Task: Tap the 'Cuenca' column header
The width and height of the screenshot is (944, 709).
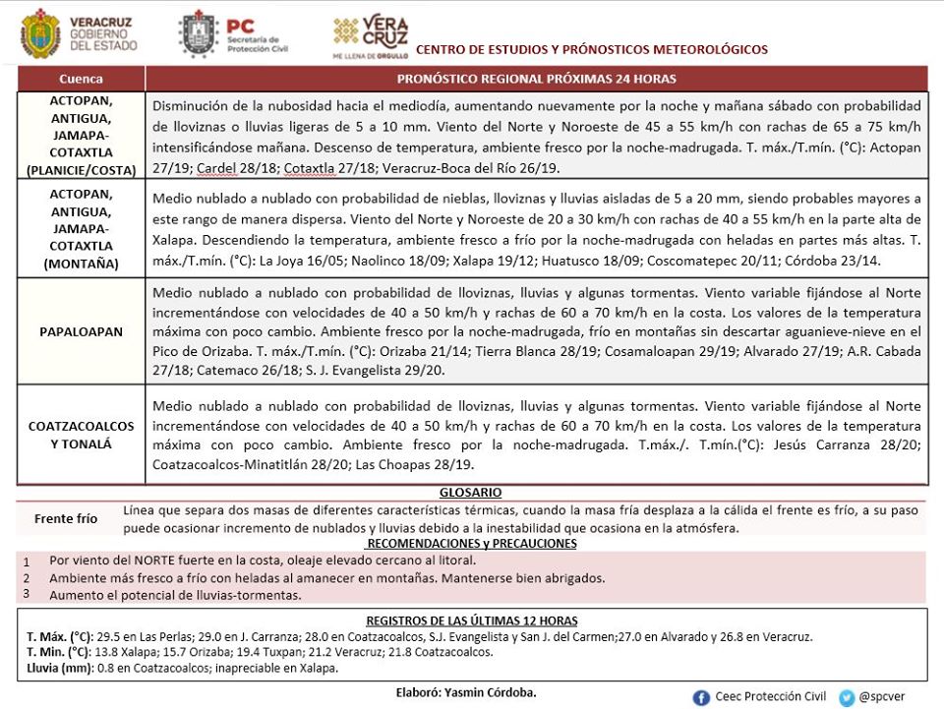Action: point(81,79)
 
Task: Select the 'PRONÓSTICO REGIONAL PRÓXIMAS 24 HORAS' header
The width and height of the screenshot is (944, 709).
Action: point(536,79)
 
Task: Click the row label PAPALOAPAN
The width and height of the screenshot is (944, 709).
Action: point(81,331)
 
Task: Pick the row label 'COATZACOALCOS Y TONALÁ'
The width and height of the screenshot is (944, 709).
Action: point(81,435)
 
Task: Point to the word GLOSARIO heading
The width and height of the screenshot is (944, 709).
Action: point(471,492)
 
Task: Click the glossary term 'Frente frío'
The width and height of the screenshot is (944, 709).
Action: point(66,518)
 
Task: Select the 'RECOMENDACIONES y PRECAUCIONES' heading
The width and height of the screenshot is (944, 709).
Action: point(471,543)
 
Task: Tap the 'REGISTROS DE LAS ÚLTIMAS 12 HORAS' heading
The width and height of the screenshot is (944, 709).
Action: point(471,620)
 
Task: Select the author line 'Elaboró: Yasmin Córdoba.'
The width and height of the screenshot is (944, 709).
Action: point(466,692)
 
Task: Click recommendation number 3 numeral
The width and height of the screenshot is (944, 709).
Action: point(27,593)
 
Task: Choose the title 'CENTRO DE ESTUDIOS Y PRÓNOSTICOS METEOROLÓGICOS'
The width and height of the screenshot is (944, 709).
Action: point(592,49)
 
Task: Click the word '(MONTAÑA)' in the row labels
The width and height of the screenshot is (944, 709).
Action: point(81,264)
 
